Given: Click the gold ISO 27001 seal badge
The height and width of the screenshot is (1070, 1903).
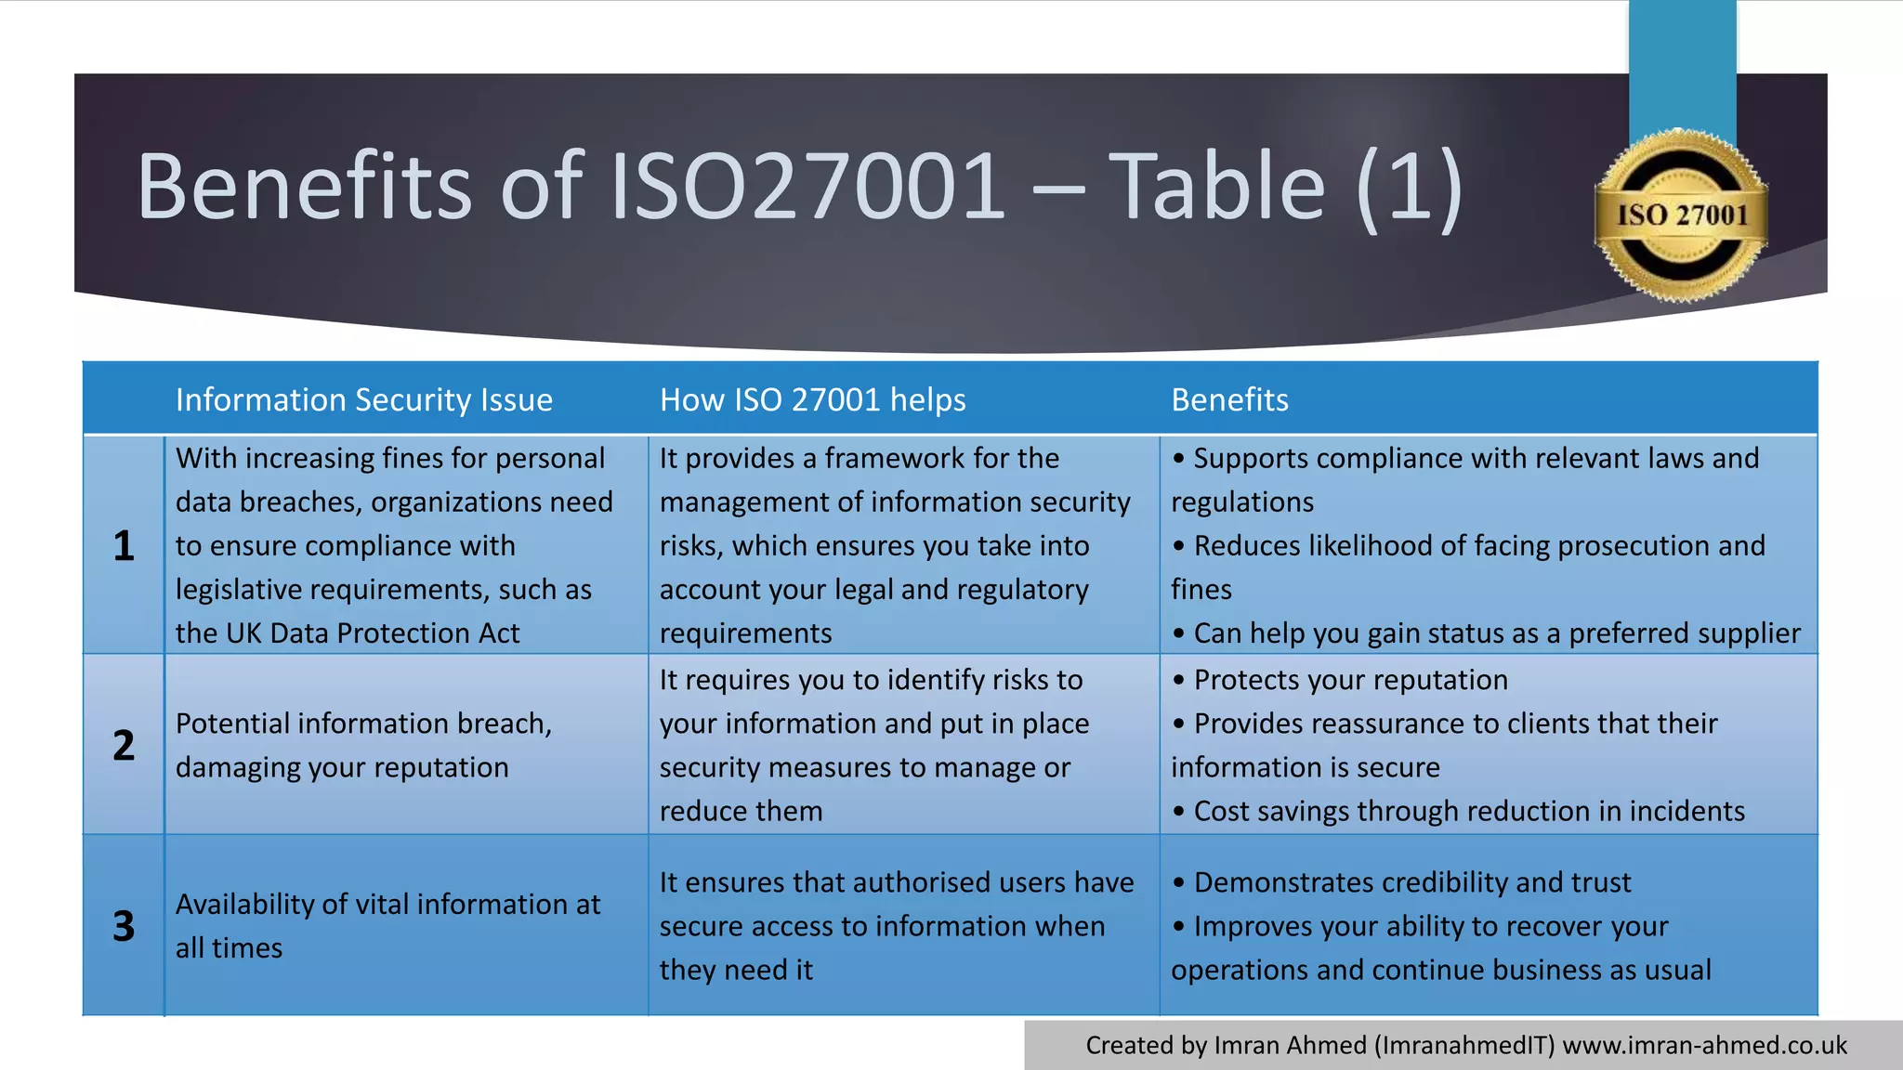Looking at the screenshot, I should pyautogui.click(x=1681, y=215).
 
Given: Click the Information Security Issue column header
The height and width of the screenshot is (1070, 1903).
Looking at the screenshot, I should pyautogui.click(x=363, y=400).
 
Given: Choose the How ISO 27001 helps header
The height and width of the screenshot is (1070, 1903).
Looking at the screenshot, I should pyautogui.click(x=812, y=400).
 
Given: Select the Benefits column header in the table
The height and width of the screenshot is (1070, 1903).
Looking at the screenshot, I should pyautogui.click(x=1229, y=400).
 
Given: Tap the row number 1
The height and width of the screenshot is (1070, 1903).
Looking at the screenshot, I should pyautogui.click(x=124, y=546).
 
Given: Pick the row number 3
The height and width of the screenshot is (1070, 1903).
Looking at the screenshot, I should pyautogui.click(x=124, y=926).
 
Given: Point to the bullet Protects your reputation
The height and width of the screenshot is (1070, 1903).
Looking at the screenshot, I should pyautogui.click(x=1349, y=680).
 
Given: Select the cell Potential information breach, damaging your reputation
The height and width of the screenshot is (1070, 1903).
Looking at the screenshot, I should pyautogui.click(x=363, y=746).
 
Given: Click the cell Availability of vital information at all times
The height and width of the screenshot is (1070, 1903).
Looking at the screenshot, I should pyautogui.click(x=387, y=926).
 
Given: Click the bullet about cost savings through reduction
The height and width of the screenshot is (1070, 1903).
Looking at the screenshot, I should pyautogui.click(x=1468, y=812).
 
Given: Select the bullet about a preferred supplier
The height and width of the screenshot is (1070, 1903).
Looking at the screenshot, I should pyautogui.click(x=1496, y=633).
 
